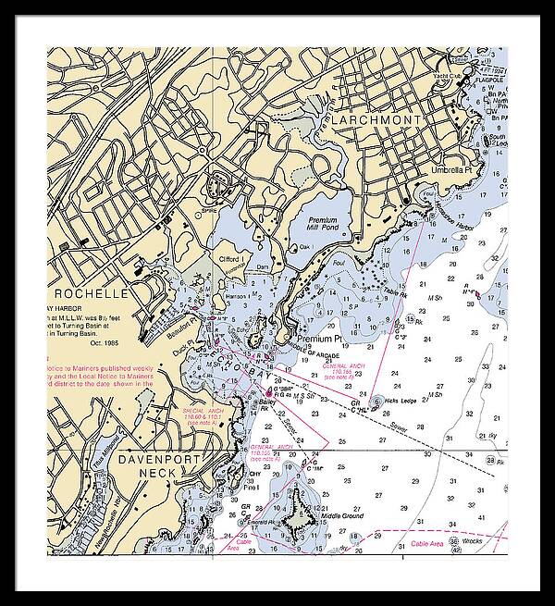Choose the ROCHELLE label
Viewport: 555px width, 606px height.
pos(91,293)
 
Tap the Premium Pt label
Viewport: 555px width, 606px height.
pos(320,340)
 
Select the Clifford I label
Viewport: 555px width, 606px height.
pos(231,259)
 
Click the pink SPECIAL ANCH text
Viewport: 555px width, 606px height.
pos(206,409)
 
